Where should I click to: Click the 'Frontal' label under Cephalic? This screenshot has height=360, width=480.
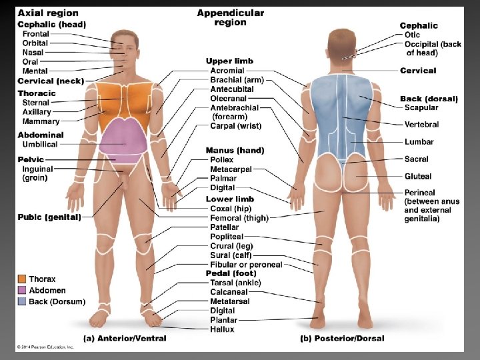coord(35,34)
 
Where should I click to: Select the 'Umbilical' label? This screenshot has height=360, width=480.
coord(40,144)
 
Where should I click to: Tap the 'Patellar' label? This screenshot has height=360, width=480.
coord(224,227)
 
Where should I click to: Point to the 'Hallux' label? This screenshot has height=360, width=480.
coord(222,329)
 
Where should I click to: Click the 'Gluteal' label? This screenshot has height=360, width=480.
coord(418,177)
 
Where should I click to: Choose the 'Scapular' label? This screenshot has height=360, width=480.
coord(421,107)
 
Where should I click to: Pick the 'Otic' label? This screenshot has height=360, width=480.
coord(412,35)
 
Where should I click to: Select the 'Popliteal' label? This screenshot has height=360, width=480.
coord(227,237)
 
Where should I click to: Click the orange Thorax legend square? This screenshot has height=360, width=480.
coord(22,279)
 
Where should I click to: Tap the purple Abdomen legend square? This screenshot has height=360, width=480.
coord(22,291)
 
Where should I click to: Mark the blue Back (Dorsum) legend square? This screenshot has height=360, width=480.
coord(22,302)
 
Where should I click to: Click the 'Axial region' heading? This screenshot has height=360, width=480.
coord(47,13)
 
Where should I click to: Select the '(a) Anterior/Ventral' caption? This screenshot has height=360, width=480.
coord(125,338)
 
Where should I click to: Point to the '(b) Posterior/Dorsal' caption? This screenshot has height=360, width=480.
coord(342,338)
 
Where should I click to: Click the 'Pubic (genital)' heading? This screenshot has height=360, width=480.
coord(49,217)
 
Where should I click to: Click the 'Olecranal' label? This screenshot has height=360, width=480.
coord(228,99)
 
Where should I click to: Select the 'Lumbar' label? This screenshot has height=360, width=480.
coord(419,142)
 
